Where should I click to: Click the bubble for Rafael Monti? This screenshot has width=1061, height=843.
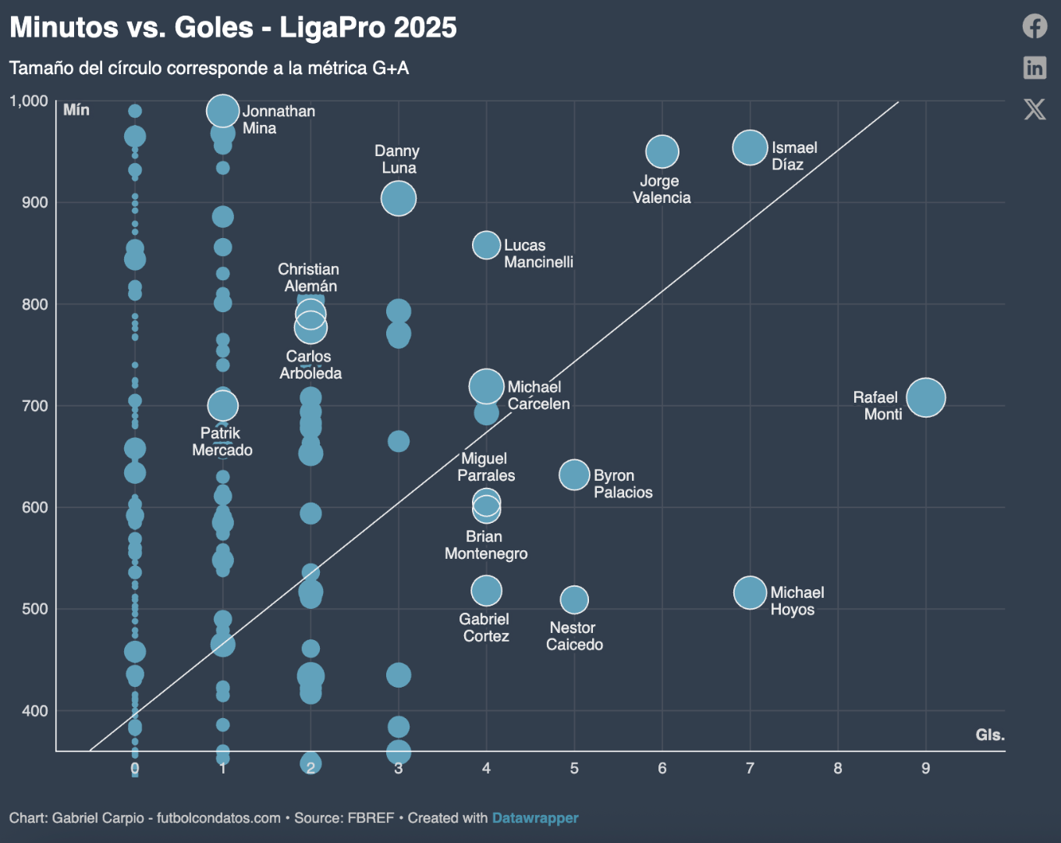(x=926, y=397)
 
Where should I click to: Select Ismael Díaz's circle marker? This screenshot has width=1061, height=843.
(x=750, y=148)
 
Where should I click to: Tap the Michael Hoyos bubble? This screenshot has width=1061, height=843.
(x=750, y=592)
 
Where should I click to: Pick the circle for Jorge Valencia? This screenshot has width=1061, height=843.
(x=662, y=151)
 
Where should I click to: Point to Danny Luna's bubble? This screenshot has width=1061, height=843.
(x=399, y=198)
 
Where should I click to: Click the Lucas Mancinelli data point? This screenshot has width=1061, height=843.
(x=486, y=245)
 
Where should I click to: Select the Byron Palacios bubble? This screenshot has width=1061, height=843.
(x=574, y=475)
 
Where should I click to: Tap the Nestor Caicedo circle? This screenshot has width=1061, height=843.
(x=574, y=599)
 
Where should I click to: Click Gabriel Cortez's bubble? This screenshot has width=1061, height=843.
(x=486, y=591)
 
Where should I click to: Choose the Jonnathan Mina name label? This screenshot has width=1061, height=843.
(x=279, y=119)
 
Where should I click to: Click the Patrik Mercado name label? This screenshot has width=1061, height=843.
(x=222, y=442)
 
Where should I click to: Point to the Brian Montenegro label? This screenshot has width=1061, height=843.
(x=485, y=545)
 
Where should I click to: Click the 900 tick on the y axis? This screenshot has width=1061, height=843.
(x=35, y=203)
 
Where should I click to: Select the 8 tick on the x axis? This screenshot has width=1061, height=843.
(x=838, y=768)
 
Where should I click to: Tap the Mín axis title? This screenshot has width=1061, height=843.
(x=76, y=110)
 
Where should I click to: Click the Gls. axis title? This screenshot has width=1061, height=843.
(x=990, y=735)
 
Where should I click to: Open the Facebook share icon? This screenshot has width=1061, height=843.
(x=1034, y=26)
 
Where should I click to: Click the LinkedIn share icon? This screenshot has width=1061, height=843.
(x=1034, y=67)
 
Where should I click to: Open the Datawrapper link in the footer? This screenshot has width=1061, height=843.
(x=535, y=818)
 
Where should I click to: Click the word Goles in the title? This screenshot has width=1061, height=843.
(x=214, y=27)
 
